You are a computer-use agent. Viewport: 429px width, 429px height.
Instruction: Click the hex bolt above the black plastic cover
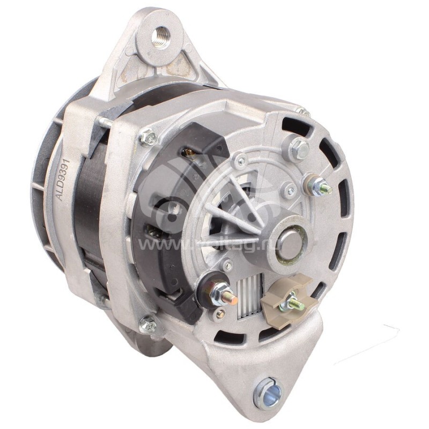(147, 138)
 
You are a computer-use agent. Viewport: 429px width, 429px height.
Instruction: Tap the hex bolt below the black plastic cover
(148, 324)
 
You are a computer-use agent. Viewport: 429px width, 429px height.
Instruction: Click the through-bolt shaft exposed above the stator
(106, 122)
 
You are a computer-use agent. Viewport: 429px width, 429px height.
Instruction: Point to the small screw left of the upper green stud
(290, 190)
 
